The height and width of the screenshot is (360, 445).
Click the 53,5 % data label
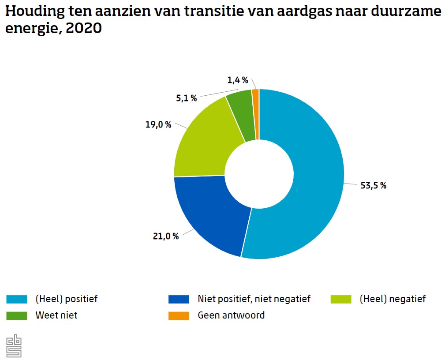coord(373,186)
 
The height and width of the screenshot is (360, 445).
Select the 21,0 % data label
coord(166,236)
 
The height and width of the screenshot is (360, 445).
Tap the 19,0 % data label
coord(158,125)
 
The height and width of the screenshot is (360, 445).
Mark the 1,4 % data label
coord(238,80)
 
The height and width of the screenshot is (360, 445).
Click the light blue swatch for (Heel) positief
coord(17,299)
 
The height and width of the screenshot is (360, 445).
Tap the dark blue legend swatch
coord(179,299)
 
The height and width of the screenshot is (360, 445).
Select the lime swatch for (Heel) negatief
coord(341,299)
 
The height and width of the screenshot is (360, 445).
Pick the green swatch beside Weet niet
coord(17,315)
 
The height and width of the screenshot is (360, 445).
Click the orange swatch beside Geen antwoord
coord(179,315)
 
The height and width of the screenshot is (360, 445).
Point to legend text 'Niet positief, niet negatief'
coord(254,299)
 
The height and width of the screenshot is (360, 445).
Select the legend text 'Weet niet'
coord(56,315)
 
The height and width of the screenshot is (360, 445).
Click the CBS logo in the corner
coord(14,345)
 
